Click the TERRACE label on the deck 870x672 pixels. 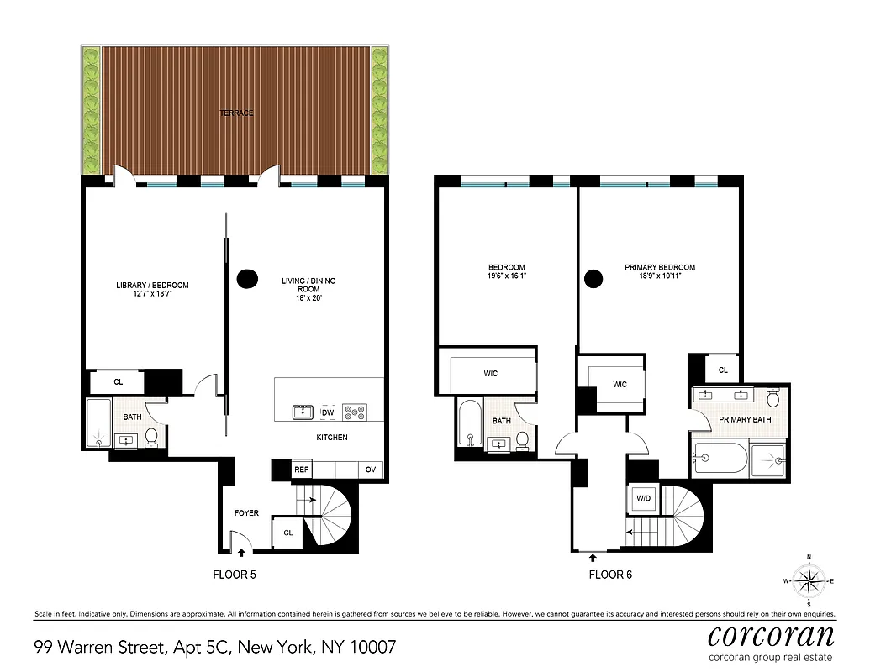(236, 113)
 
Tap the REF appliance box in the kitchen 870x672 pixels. (301, 470)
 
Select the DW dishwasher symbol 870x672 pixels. (328, 412)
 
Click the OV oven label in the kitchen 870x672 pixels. (371, 470)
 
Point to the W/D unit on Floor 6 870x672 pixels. (644, 499)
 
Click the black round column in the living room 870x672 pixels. (247, 278)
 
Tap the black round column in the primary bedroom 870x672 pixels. (594, 278)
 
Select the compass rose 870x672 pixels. (809, 580)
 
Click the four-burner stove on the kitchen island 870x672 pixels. (355, 412)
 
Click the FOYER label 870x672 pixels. (246, 513)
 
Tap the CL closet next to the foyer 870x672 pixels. (287, 533)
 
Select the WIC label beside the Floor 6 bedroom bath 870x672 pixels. (491, 373)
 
